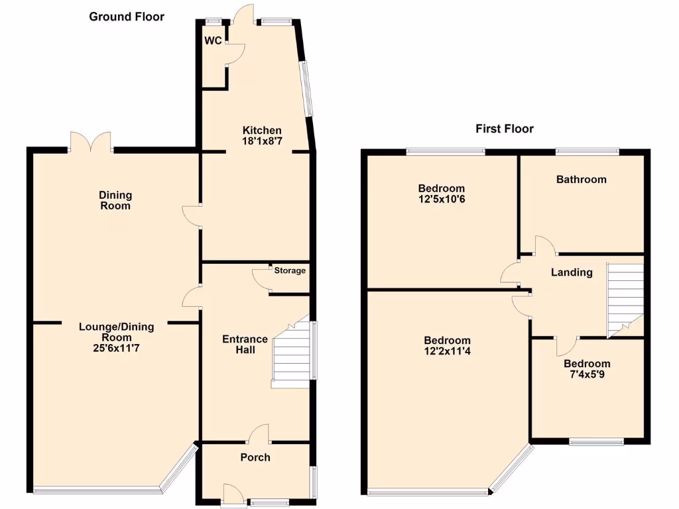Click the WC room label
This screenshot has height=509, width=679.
pyautogui.click(x=213, y=41)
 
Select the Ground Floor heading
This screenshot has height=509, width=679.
pyautogui.click(x=127, y=17)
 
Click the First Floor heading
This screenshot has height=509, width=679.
pyautogui.click(x=504, y=129)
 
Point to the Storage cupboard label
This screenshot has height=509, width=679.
pyautogui.click(x=290, y=270)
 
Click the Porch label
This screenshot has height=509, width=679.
pyautogui.click(x=255, y=457)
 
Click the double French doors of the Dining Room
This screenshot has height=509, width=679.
pyautogui.click(x=91, y=142)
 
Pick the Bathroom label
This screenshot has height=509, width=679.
pyautogui.click(x=581, y=180)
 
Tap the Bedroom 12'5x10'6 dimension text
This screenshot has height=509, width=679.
pyautogui.click(x=441, y=199)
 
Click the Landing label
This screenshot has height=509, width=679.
pyautogui.click(x=572, y=272)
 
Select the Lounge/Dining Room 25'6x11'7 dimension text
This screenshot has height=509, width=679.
pyautogui.click(x=116, y=347)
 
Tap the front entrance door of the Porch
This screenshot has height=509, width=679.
pyautogui.click(x=233, y=494)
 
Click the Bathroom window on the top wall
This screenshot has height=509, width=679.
pyautogui.click(x=587, y=152)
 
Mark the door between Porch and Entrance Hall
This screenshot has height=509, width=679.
pyautogui.click(x=258, y=434)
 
